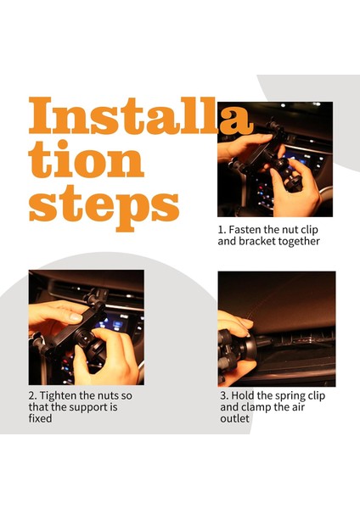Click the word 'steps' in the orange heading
pos(104,207)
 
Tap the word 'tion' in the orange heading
pos(87,159)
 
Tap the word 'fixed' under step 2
pos(40,418)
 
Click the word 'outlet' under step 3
pos(235,418)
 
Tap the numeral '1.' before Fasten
pos(222,230)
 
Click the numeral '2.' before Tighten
pos(33,396)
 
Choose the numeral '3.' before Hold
pos(224,396)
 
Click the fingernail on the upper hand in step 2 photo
pos(76,317)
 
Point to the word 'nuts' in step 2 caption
pos(109,396)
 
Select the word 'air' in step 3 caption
pos(298,407)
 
